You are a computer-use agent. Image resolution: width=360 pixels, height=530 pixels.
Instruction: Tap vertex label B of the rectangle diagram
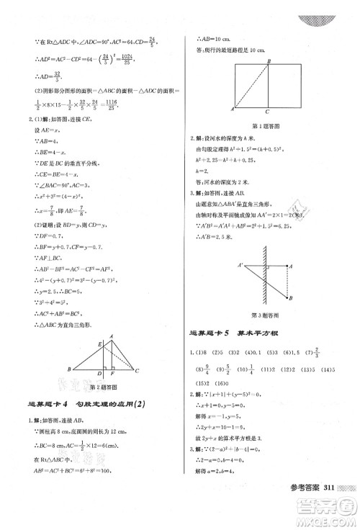(x=268, y=61)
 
